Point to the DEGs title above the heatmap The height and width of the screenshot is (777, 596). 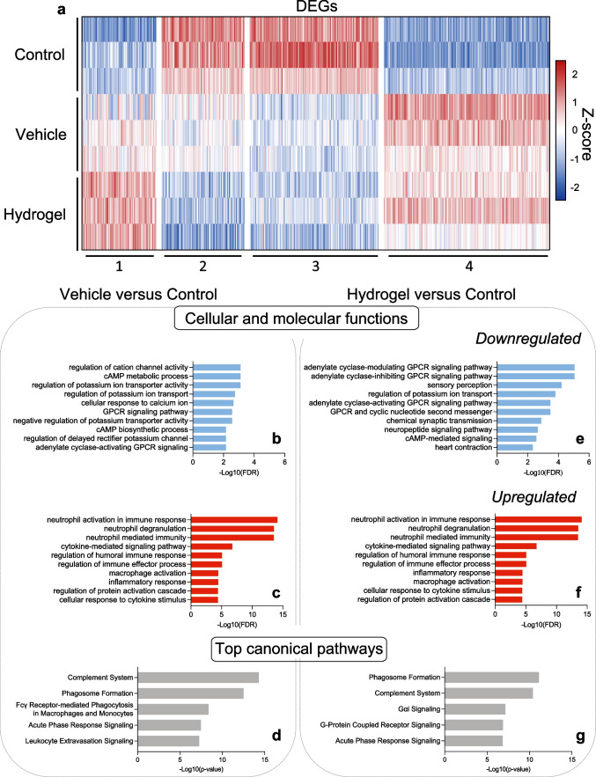[313, 7]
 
